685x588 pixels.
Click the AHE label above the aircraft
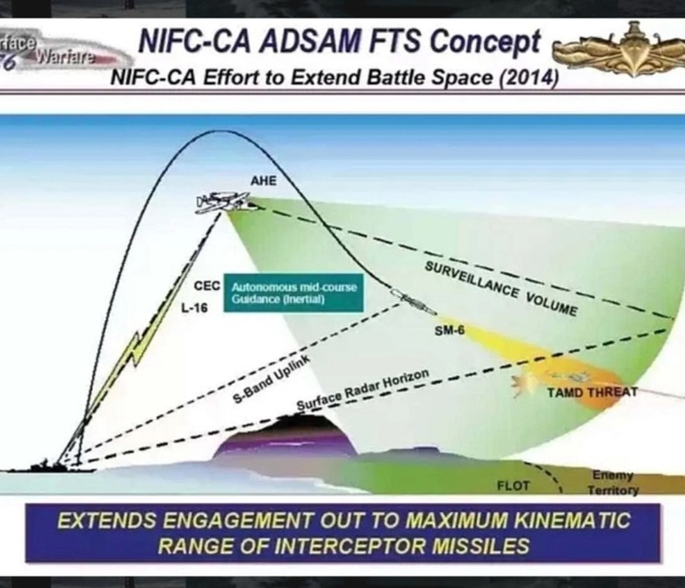click(x=263, y=180)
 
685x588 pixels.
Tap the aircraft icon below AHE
click(x=224, y=202)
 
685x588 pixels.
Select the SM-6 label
click(x=450, y=331)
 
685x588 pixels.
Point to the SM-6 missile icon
click(x=413, y=301)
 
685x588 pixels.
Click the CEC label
click(x=207, y=286)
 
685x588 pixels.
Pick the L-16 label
click(x=195, y=309)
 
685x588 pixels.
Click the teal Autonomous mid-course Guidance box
click(x=293, y=293)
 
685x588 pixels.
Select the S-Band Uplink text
click(x=271, y=379)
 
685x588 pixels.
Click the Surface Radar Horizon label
click(x=363, y=390)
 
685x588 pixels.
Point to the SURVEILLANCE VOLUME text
click(x=501, y=288)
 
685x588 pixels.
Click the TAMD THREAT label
click(x=592, y=392)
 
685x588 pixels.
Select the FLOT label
click(x=514, y=486)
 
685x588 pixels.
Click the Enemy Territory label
click(x=613, y=483)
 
